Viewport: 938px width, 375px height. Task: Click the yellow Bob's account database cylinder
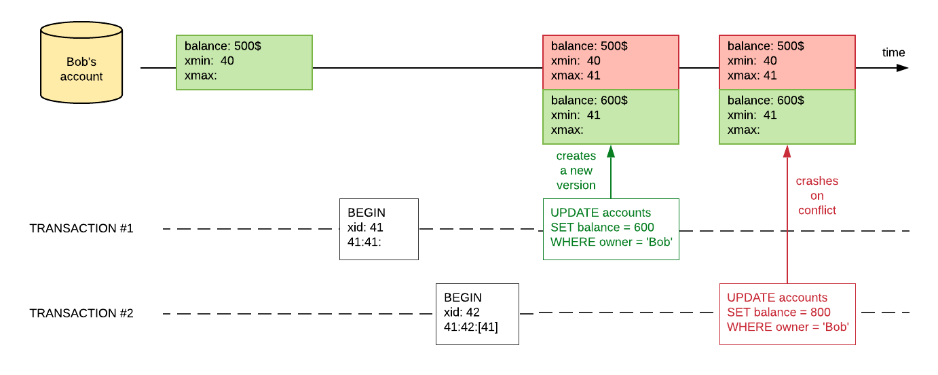(81, 62)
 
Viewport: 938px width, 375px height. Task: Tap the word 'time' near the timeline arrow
(893, 53)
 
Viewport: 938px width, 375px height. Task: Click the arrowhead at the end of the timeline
(903, 68)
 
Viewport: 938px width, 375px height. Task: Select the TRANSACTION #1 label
(81, 229)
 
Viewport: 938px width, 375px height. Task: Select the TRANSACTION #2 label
(81, 314)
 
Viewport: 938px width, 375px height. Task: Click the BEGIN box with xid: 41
(379, 229)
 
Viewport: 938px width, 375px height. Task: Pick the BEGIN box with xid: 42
(477, 313)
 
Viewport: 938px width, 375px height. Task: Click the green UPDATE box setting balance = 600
(611, 229)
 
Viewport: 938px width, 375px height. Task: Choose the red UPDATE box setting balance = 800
(787, 314)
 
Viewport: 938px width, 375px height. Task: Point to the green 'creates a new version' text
(576, 171)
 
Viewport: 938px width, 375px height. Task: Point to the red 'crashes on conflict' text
(817, 196)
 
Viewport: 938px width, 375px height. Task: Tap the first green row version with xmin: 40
(244, 62)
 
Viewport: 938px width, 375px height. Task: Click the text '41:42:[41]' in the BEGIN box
(471, 327)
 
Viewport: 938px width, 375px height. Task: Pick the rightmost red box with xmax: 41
(787, 62)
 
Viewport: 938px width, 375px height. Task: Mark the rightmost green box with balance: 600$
(787, 116)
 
